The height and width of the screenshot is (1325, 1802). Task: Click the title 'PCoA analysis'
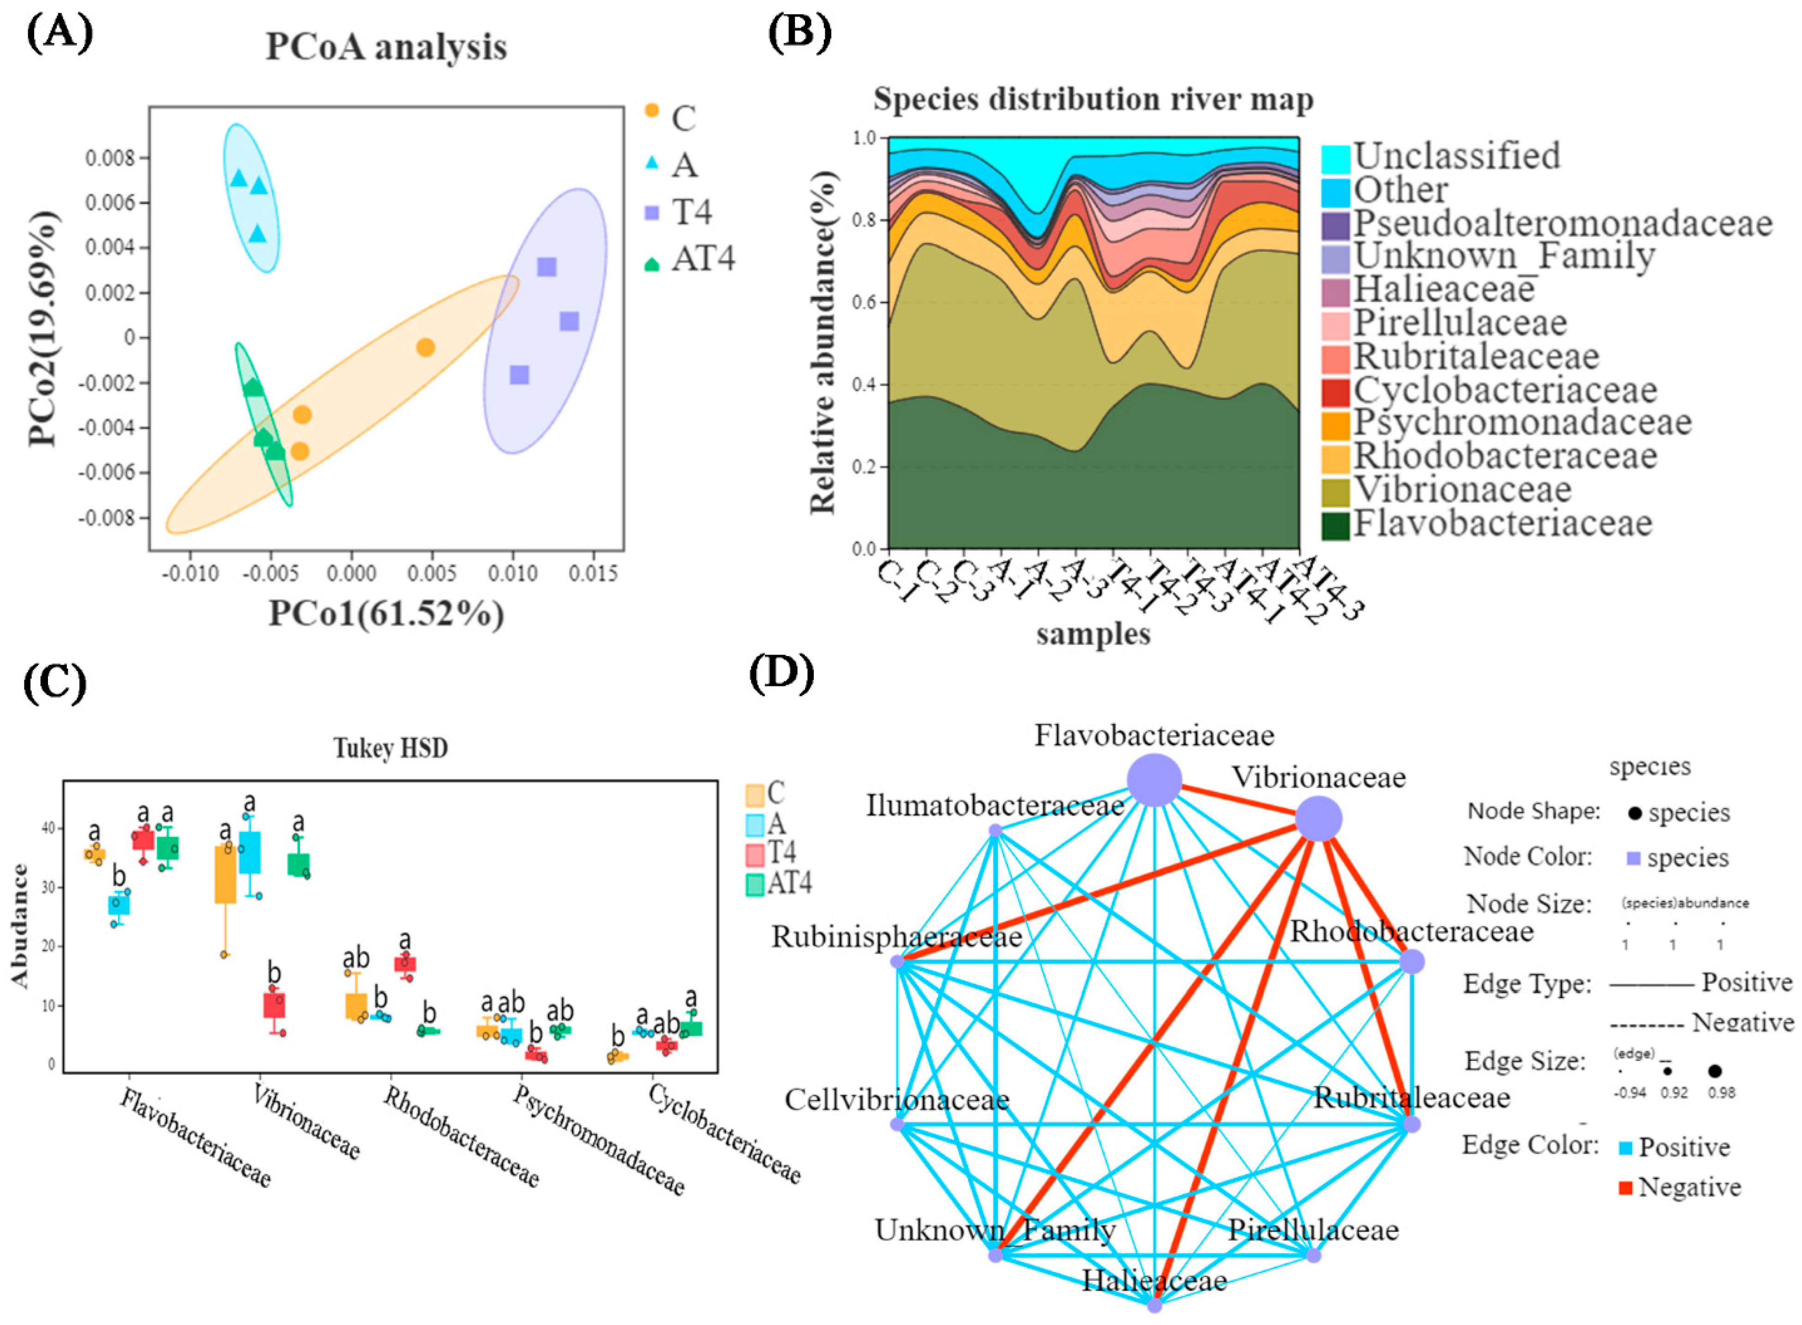tap(386, 47)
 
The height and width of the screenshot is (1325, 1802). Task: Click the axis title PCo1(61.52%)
tap(386, 614)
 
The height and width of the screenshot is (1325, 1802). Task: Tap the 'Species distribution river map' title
tap(1092, 99)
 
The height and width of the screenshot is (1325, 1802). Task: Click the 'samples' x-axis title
tap(1092, 633)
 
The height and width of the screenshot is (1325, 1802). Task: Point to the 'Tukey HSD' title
tap(390, 747)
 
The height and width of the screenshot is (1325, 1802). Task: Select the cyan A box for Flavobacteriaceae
tap(120, 904)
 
